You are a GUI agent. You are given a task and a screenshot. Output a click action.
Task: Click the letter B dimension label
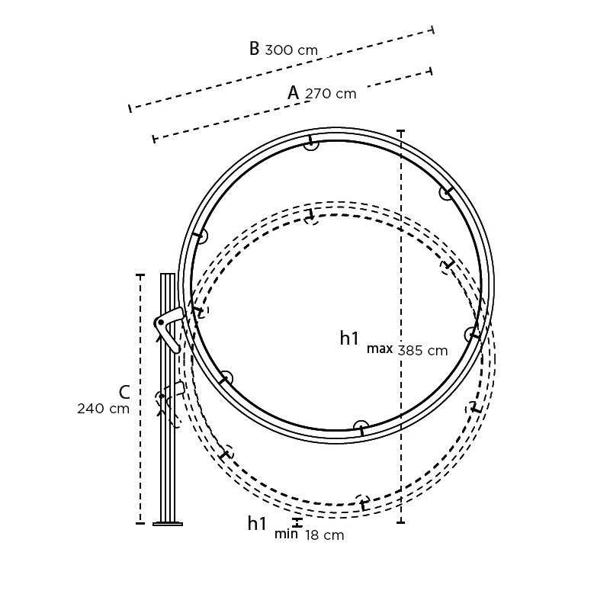coord(254,49)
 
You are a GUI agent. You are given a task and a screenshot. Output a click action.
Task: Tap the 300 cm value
coord(291,50)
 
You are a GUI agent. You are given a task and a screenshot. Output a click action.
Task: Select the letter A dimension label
coord(294,92)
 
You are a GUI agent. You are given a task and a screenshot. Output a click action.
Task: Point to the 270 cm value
coord(330,94)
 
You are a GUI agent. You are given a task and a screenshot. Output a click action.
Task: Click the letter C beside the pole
coord(124,392)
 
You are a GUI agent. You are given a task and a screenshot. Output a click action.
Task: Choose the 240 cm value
coord(103,409)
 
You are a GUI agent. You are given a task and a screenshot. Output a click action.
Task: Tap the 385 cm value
coord(422,351)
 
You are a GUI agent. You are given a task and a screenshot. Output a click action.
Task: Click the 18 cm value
coord(325,535)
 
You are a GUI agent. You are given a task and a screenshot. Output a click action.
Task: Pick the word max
coord(379,349)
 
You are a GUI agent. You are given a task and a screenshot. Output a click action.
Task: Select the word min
coord(286,535)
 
